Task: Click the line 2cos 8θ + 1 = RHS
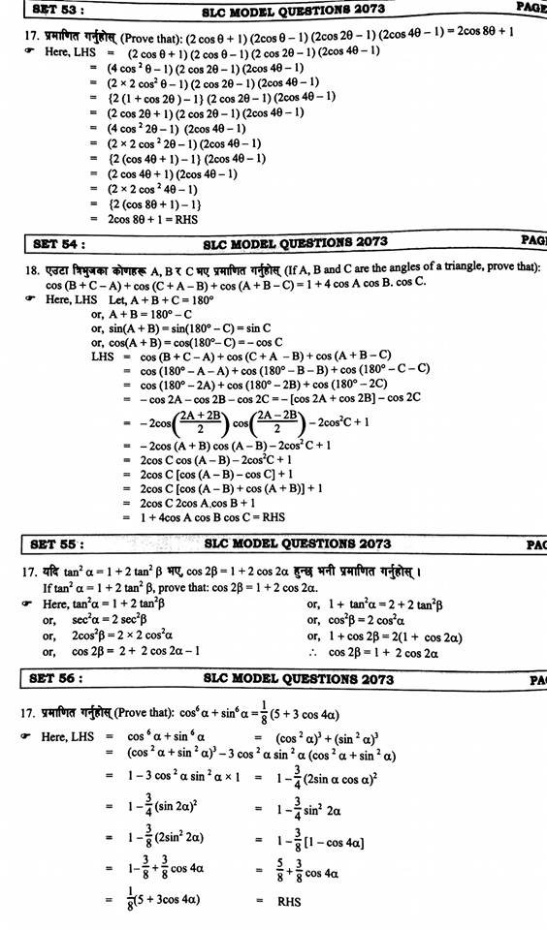click(x=153, y=219)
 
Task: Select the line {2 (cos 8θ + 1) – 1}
click(x=154, y=204)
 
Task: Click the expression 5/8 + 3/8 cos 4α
click(x=306, y=871)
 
